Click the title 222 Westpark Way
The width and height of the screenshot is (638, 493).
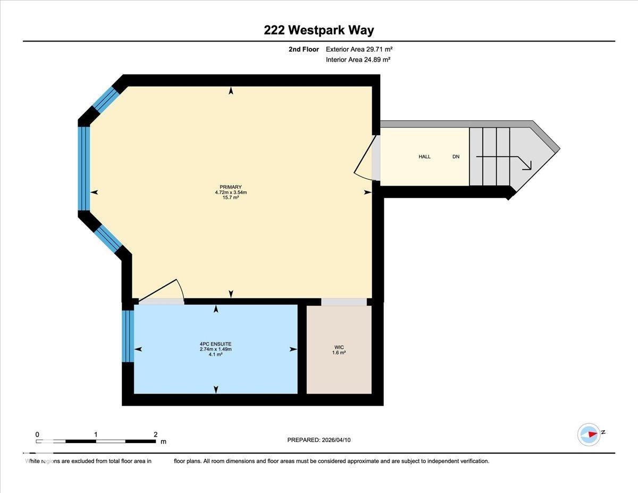[x=318, y=30]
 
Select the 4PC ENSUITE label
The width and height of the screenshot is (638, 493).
[x=215, y=344]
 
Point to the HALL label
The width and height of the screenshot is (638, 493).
[x=424, y=157]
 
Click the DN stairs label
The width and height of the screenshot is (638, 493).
[x=456, y=157]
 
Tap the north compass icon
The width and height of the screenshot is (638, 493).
[x=589, y=434]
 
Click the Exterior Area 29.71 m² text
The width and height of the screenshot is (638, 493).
[x=359, y=49]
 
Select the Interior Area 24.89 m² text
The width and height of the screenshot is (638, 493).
[x=358, y=60]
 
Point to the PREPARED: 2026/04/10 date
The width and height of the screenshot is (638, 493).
[x=319, y=440]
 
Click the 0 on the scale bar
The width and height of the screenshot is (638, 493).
[x=37, y=434]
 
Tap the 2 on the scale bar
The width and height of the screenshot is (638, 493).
[x=155, y=434]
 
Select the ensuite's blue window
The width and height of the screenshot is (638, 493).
[x=128, y=336]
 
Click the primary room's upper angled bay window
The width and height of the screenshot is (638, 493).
[x=105, y=99]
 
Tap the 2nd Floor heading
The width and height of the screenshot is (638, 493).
[x=303, y=49]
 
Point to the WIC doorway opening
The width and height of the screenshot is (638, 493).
[x=344, y=302]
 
